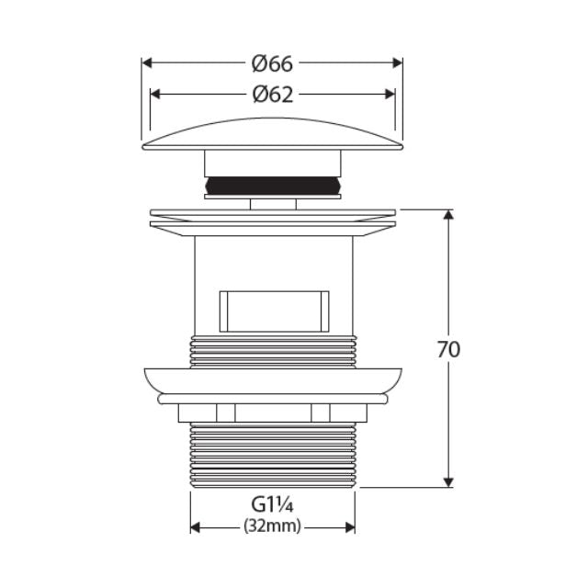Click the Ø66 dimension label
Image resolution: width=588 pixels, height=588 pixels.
tap(272, 63)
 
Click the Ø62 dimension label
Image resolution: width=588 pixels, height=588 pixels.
tap(272, 94)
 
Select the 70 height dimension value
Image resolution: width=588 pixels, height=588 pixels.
tap(449, 349)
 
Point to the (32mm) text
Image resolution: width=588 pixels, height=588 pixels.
tap(272, 526)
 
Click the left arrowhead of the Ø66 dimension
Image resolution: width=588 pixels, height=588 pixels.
tap(146, 63)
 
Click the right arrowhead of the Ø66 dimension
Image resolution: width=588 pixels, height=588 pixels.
tap(398, 63)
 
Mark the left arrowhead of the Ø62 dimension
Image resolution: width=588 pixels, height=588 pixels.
tap(155, 94)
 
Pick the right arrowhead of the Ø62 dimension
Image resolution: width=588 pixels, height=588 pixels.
tap(390, 94)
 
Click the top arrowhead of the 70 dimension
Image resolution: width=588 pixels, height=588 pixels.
tap(448, 216)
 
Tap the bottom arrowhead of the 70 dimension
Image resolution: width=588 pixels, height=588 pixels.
tap(448, 481)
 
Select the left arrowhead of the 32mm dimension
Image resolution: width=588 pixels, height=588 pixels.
tap(196, 527)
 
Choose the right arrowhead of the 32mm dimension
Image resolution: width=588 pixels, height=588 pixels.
tap(350, 527)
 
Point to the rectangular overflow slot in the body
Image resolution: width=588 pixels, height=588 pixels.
tap(273, 311)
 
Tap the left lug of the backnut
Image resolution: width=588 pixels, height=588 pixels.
tap(226, 413)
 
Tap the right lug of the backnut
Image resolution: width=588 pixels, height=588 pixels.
tap(321, 413)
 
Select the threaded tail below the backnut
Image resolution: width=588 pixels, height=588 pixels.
tap(272, 455)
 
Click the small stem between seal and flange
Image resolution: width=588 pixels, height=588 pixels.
tap(272, 203)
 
